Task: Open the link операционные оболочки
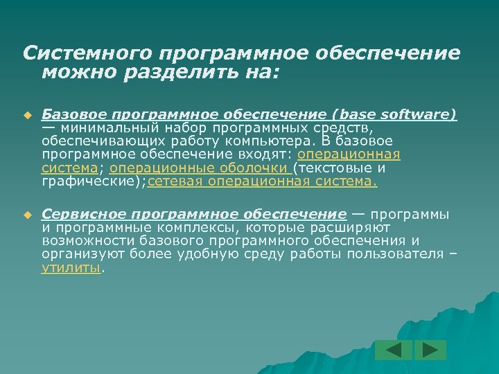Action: click(x=200, y=168)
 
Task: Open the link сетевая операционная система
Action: click(x=263, y=182)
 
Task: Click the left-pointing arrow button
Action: click(x=394, y=350)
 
